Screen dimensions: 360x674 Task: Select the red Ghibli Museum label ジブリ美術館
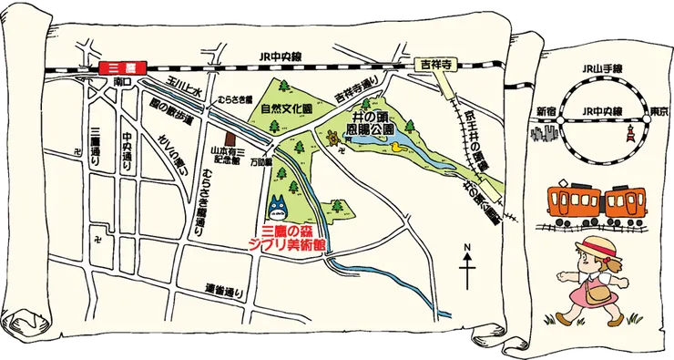coord(293,245)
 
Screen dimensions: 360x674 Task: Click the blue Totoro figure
coord(278,205)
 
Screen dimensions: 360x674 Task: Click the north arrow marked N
coord(467,264)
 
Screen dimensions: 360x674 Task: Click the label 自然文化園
coord(286,107)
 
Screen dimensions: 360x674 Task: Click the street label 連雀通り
coord(222,290)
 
